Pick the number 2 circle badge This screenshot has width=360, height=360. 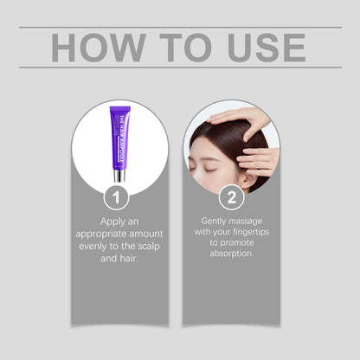[230, 197]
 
